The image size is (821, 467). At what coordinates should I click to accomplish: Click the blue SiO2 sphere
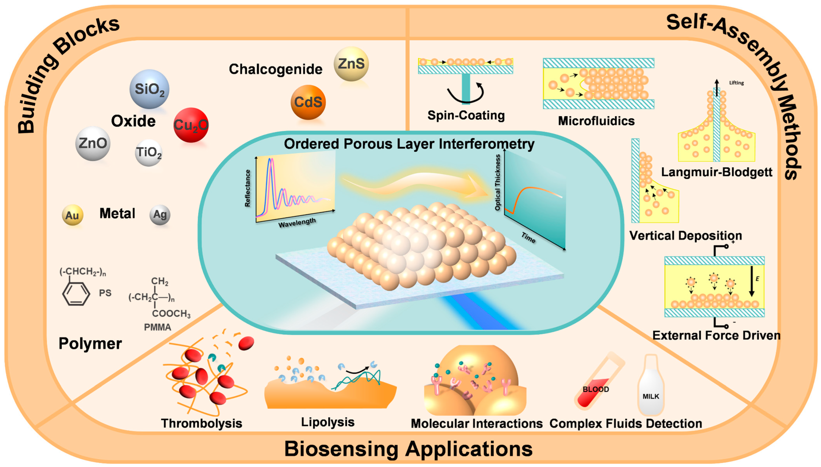click(x=149, y=89)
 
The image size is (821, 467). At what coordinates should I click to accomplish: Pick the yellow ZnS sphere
click(x=351, y=64)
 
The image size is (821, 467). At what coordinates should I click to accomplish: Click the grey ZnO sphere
click(x=93, y=143)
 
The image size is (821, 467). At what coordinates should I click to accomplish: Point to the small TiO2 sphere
click(x=148, y=153)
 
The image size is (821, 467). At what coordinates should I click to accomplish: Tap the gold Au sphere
click(x=73, y=215)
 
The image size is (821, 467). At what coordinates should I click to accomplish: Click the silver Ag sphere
click(x=160, y=214)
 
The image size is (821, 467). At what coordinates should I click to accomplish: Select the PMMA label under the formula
click(x=157, y=327)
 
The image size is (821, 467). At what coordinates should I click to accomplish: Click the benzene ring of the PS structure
click(x=76, y=293)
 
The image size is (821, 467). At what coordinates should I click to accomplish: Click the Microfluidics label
click(x=596, y=121)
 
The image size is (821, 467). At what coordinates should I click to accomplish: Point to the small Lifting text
click(x=736, y=83)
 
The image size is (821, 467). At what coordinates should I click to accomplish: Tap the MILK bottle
click(x=651, y=388)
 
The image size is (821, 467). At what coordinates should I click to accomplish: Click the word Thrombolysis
click(x=201, y=423)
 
